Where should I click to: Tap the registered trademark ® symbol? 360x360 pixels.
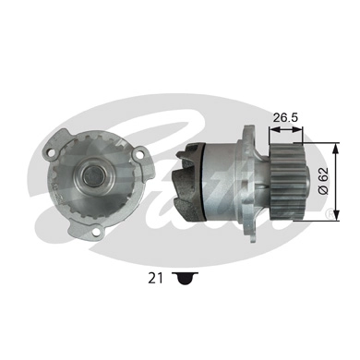[331, 214]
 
